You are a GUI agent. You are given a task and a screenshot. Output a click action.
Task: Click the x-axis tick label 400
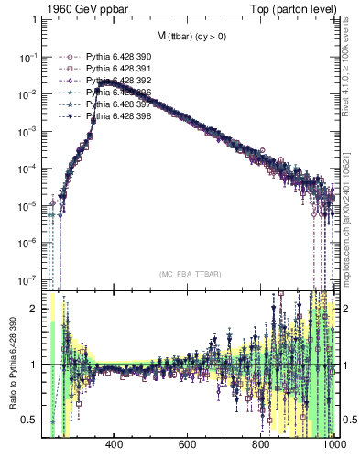(x=115, y=446)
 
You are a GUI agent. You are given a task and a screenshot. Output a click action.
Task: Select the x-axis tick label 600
(x=188, y=446)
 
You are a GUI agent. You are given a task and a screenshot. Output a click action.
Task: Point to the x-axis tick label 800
(x=261, y=446)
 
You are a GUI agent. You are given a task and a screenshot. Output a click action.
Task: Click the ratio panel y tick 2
(x=35, y=309)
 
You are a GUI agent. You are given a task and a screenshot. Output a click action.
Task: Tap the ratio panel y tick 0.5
(x=31, y=420)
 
